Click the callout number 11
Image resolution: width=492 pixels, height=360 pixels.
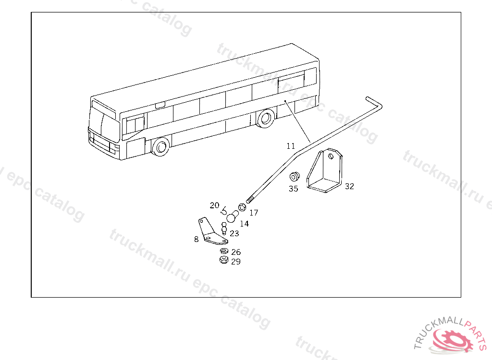point(290,146)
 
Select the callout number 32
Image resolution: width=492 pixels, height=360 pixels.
point(349,186)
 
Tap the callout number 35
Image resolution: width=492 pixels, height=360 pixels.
point(293,189)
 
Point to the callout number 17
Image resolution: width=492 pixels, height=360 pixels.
point(254,212)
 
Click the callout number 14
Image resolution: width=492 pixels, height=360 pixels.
point(244,223)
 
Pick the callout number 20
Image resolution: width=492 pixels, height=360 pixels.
point(214,205)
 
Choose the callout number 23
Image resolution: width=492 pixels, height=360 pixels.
point(234,233)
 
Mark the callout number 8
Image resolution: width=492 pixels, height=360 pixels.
point(196,239)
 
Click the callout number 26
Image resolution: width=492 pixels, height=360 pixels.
point(235,252)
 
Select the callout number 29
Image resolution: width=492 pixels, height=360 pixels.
point(235,262)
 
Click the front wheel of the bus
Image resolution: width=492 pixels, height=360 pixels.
point(160,146)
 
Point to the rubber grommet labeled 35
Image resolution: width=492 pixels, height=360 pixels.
point(295,176)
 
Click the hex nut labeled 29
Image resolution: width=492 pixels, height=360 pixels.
point(223,260)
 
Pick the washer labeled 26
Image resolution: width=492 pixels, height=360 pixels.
point(224,251)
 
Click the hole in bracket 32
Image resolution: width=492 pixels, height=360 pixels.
point(331,156)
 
